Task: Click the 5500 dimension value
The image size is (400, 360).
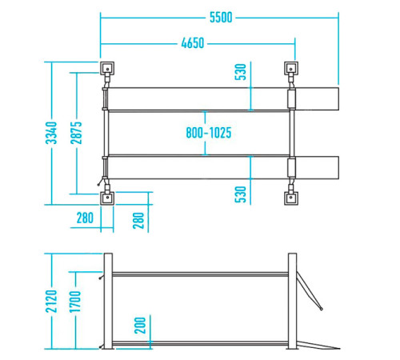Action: [x=221, y=18]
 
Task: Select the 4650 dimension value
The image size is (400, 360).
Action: [x=193, y=43]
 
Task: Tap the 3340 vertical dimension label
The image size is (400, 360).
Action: [x=51, y=133]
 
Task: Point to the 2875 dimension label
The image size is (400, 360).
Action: [x=76, y=133]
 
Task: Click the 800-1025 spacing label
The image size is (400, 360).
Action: [x=209, y=133]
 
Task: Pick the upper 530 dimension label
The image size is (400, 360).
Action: [x=240, y=72]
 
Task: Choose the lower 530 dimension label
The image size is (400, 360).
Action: [x=240, y=194]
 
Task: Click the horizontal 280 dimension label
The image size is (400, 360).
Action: [x=85, y=218]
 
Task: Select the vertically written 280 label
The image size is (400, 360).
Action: [x=138, y=221]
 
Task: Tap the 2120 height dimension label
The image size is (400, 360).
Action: [x=51, y=301]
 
